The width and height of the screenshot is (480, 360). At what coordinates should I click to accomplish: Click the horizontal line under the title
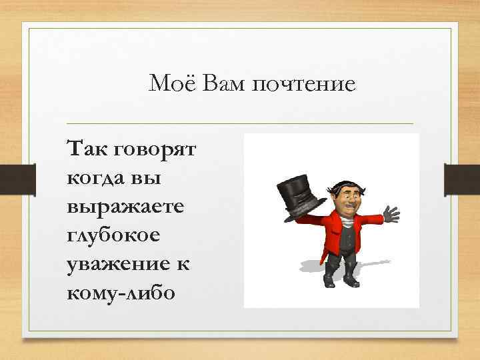point(240,123)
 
